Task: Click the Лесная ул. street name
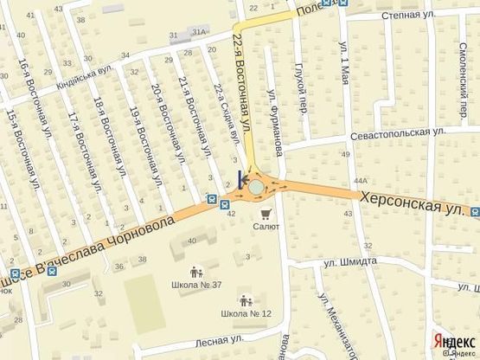(216, 340)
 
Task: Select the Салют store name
(266, 227)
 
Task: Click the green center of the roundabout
(257, 186)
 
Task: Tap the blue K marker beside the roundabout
(240, 180)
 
